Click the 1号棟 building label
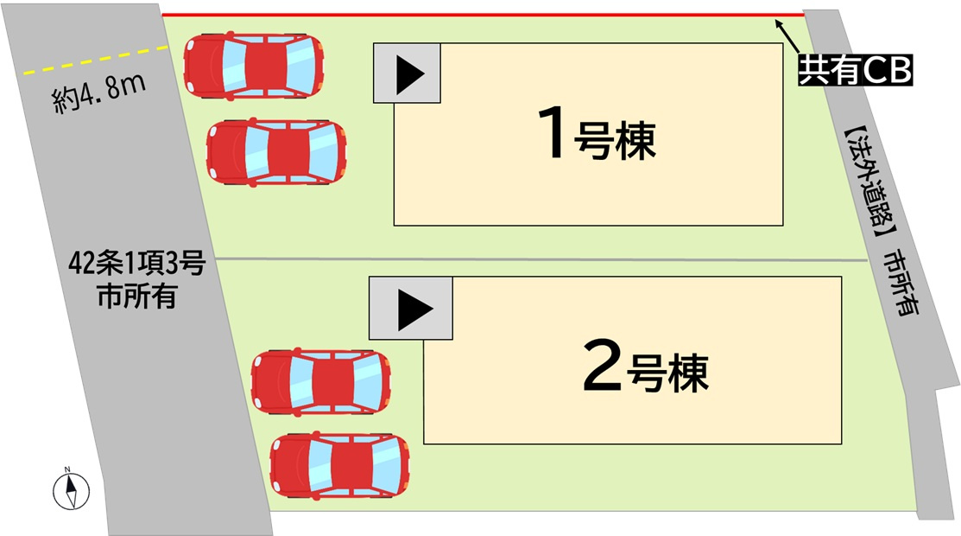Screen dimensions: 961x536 pyautogui.click(x=597, y=133)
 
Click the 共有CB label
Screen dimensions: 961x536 pyautogui.click(x=855, y=69)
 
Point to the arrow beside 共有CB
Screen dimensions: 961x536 pyautogui.click(x=787, y=36)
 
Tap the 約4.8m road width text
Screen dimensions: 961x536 pyautogui.click(x=99, y=93)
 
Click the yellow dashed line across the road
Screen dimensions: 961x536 pyautogui.click(x=96, y=61)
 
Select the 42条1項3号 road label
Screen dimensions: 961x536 pyautogui.click(x=136, y=264)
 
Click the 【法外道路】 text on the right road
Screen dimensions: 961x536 pyautogui.click(x=869, y=185)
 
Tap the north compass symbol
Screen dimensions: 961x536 pyautogui.click(x=71, y=488)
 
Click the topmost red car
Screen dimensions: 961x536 pyautogui.click(x=254, y=66)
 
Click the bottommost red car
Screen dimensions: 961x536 pyautogui.click(x=340, y=465)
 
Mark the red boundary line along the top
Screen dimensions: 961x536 pyautogui.click(x=483, y=14)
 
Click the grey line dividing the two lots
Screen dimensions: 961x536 pyautogui.click(x=541, y=259)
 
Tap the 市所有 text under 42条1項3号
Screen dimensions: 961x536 pyautogui.click(x=137, y=296)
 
